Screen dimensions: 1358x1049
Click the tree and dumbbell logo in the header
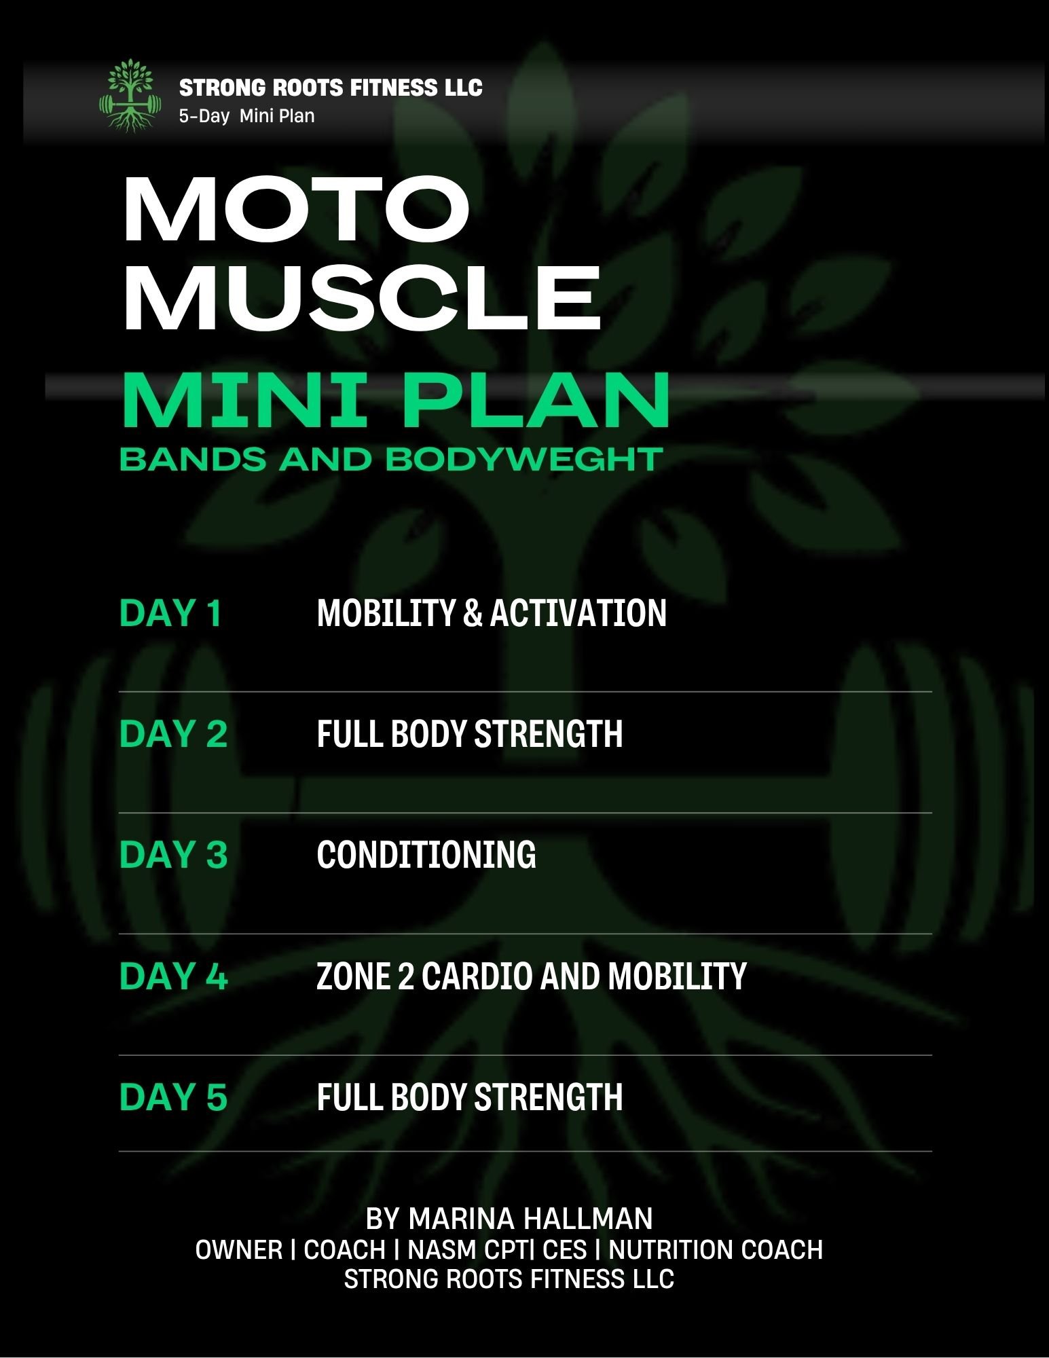click(130, 95)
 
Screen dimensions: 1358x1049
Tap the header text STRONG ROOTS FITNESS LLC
click(331, 88)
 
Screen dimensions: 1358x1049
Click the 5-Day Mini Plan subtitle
click(246, 116)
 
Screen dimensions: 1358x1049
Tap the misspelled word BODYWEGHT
click(524, 460)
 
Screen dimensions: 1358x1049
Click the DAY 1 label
click(170, 613)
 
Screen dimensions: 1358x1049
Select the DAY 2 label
click(173, 734)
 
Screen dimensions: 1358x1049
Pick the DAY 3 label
click(173, 855)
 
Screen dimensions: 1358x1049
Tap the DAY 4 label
click(173, 976)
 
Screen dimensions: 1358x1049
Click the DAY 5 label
click(173, 1097)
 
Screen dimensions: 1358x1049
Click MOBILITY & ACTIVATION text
click(492, 613)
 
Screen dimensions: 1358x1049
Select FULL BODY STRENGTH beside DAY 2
click(470, 734)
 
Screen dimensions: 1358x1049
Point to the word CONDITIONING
click(426, 855)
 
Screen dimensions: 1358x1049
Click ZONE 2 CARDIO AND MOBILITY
click(532, 976)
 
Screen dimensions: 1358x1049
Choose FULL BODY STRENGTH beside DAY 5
click(470, 1097)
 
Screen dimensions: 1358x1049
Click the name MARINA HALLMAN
click(530, 1219)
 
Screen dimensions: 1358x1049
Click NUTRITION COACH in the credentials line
click(716, 1249)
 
